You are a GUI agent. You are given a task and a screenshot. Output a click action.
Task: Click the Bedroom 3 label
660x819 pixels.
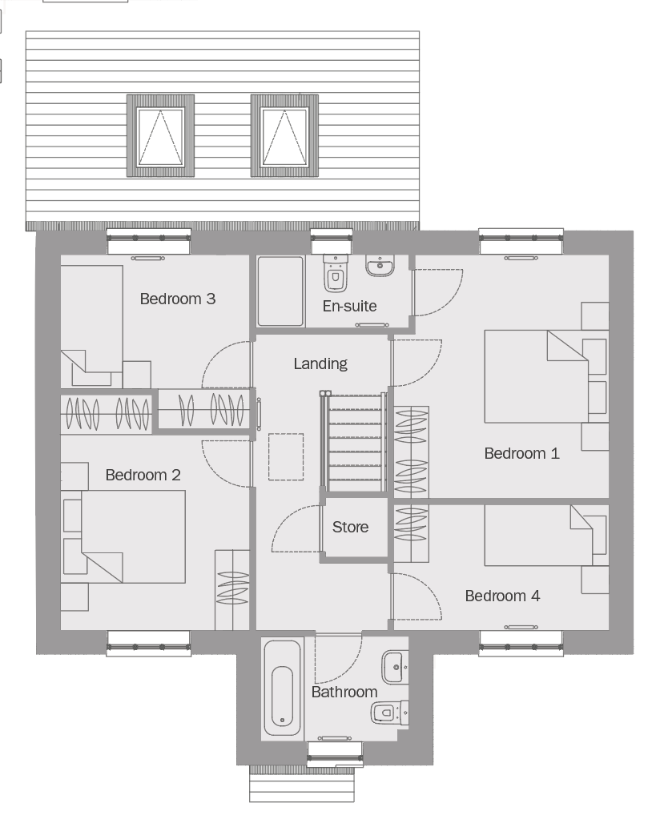178,299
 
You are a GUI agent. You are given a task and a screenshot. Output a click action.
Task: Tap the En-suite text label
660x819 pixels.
349,306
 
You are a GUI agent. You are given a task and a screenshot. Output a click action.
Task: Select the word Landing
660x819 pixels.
320,363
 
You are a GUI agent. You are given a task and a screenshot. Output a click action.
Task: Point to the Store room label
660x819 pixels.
350,527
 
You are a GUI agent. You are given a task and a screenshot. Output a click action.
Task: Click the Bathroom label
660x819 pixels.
344,692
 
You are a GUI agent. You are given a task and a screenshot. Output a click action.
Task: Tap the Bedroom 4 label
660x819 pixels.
502,596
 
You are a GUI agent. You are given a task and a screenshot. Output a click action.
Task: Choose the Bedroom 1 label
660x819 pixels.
521,453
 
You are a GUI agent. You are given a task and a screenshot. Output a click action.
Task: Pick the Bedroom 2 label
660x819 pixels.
143,475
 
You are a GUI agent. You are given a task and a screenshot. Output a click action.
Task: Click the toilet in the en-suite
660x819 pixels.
335,273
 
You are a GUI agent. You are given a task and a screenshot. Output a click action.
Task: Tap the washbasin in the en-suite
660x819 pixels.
380,266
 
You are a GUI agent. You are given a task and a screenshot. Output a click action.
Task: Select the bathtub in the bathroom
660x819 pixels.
282,688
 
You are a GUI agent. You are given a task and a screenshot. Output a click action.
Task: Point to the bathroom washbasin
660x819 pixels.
395,667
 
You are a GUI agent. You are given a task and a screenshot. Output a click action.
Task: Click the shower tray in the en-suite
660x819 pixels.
280,291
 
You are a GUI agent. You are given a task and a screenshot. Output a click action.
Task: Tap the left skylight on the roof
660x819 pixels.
160,136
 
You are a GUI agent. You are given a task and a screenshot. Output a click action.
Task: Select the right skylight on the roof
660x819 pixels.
285,136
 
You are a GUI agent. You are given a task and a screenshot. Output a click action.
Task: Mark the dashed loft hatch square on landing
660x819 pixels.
286,456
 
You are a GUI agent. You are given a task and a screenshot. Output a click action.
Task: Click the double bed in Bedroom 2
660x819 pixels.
123,536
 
